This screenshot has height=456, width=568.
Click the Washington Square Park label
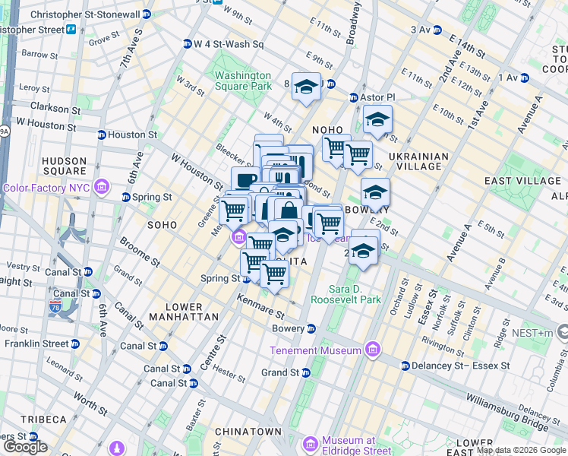pos(242,81)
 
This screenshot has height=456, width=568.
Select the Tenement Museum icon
pos(372,350)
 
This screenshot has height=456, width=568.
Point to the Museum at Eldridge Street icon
pos(310,443)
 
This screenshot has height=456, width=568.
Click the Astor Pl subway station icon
pos(353,98)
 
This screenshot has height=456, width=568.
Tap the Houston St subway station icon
pos(101,135)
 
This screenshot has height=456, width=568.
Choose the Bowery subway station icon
pos(311,329)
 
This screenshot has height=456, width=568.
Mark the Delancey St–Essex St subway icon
pos(405,366)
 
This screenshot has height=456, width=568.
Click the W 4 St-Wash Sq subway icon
pos(187,44)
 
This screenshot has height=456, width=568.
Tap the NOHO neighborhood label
pos(327,131)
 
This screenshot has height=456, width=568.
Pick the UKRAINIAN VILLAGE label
pos(415,160)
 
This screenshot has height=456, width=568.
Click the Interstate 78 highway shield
pos(55,306)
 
